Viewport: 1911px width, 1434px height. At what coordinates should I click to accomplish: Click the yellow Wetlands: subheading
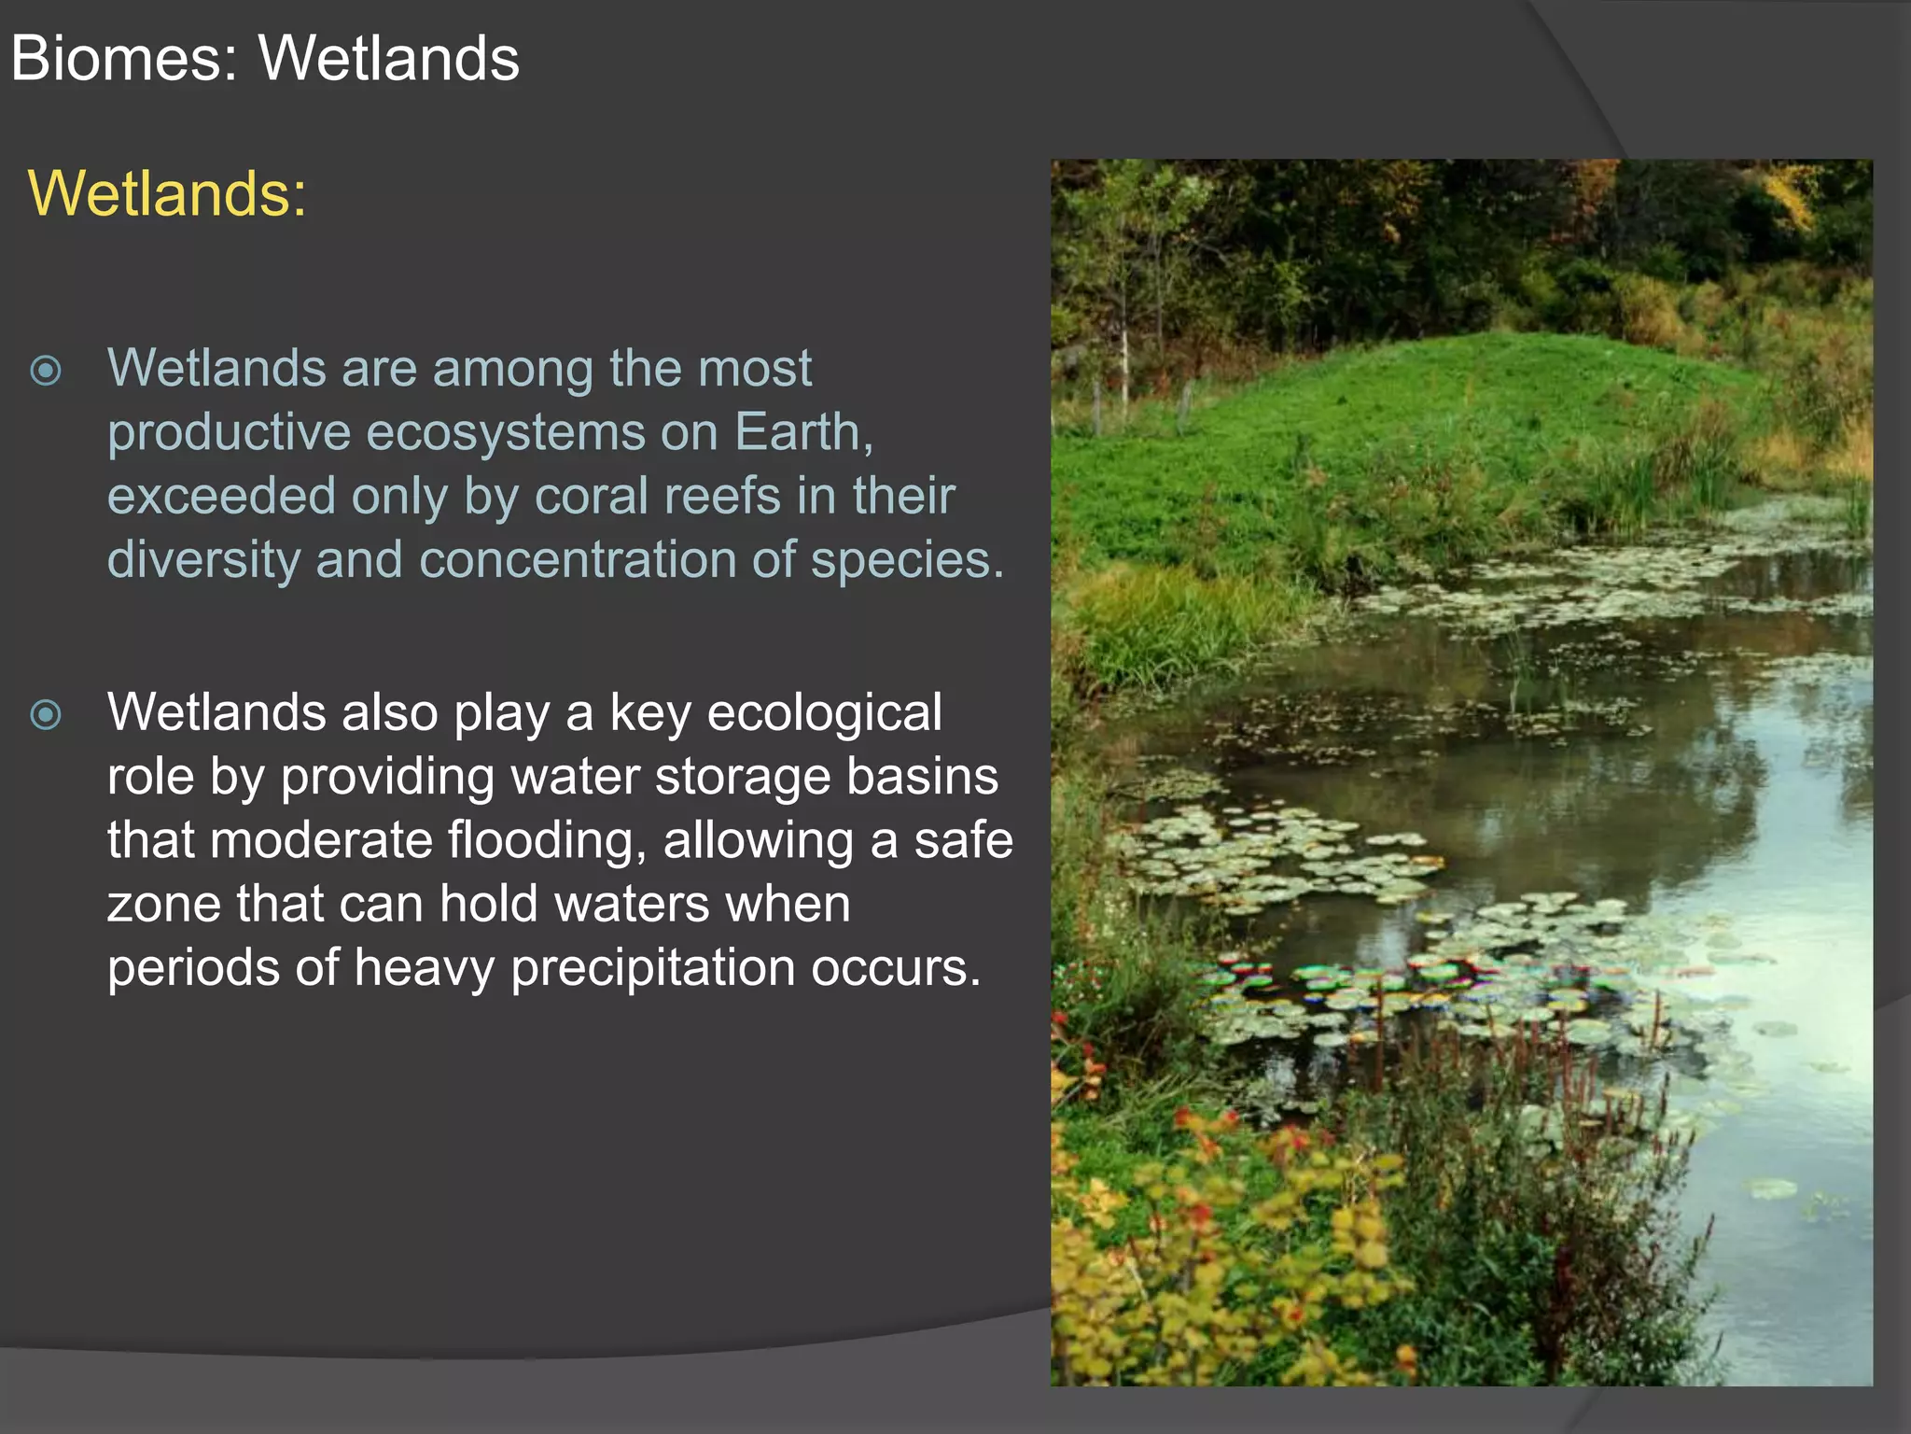tap(167, 193)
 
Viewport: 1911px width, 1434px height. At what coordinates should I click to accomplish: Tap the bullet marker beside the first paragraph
tap(46, 371)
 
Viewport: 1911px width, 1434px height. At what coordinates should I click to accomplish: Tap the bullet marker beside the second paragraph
tap(46, 715)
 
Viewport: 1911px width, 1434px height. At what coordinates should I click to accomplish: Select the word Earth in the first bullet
tap(802, 432)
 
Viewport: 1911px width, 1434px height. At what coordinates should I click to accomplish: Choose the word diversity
tap(202, 560)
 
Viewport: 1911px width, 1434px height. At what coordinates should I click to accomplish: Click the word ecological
tap(824, 713)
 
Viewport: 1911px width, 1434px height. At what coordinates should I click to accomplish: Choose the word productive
tap(229, 432)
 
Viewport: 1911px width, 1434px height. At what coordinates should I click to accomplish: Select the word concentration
tap(578, 560)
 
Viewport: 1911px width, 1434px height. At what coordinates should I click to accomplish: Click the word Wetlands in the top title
tap(388, 59)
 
